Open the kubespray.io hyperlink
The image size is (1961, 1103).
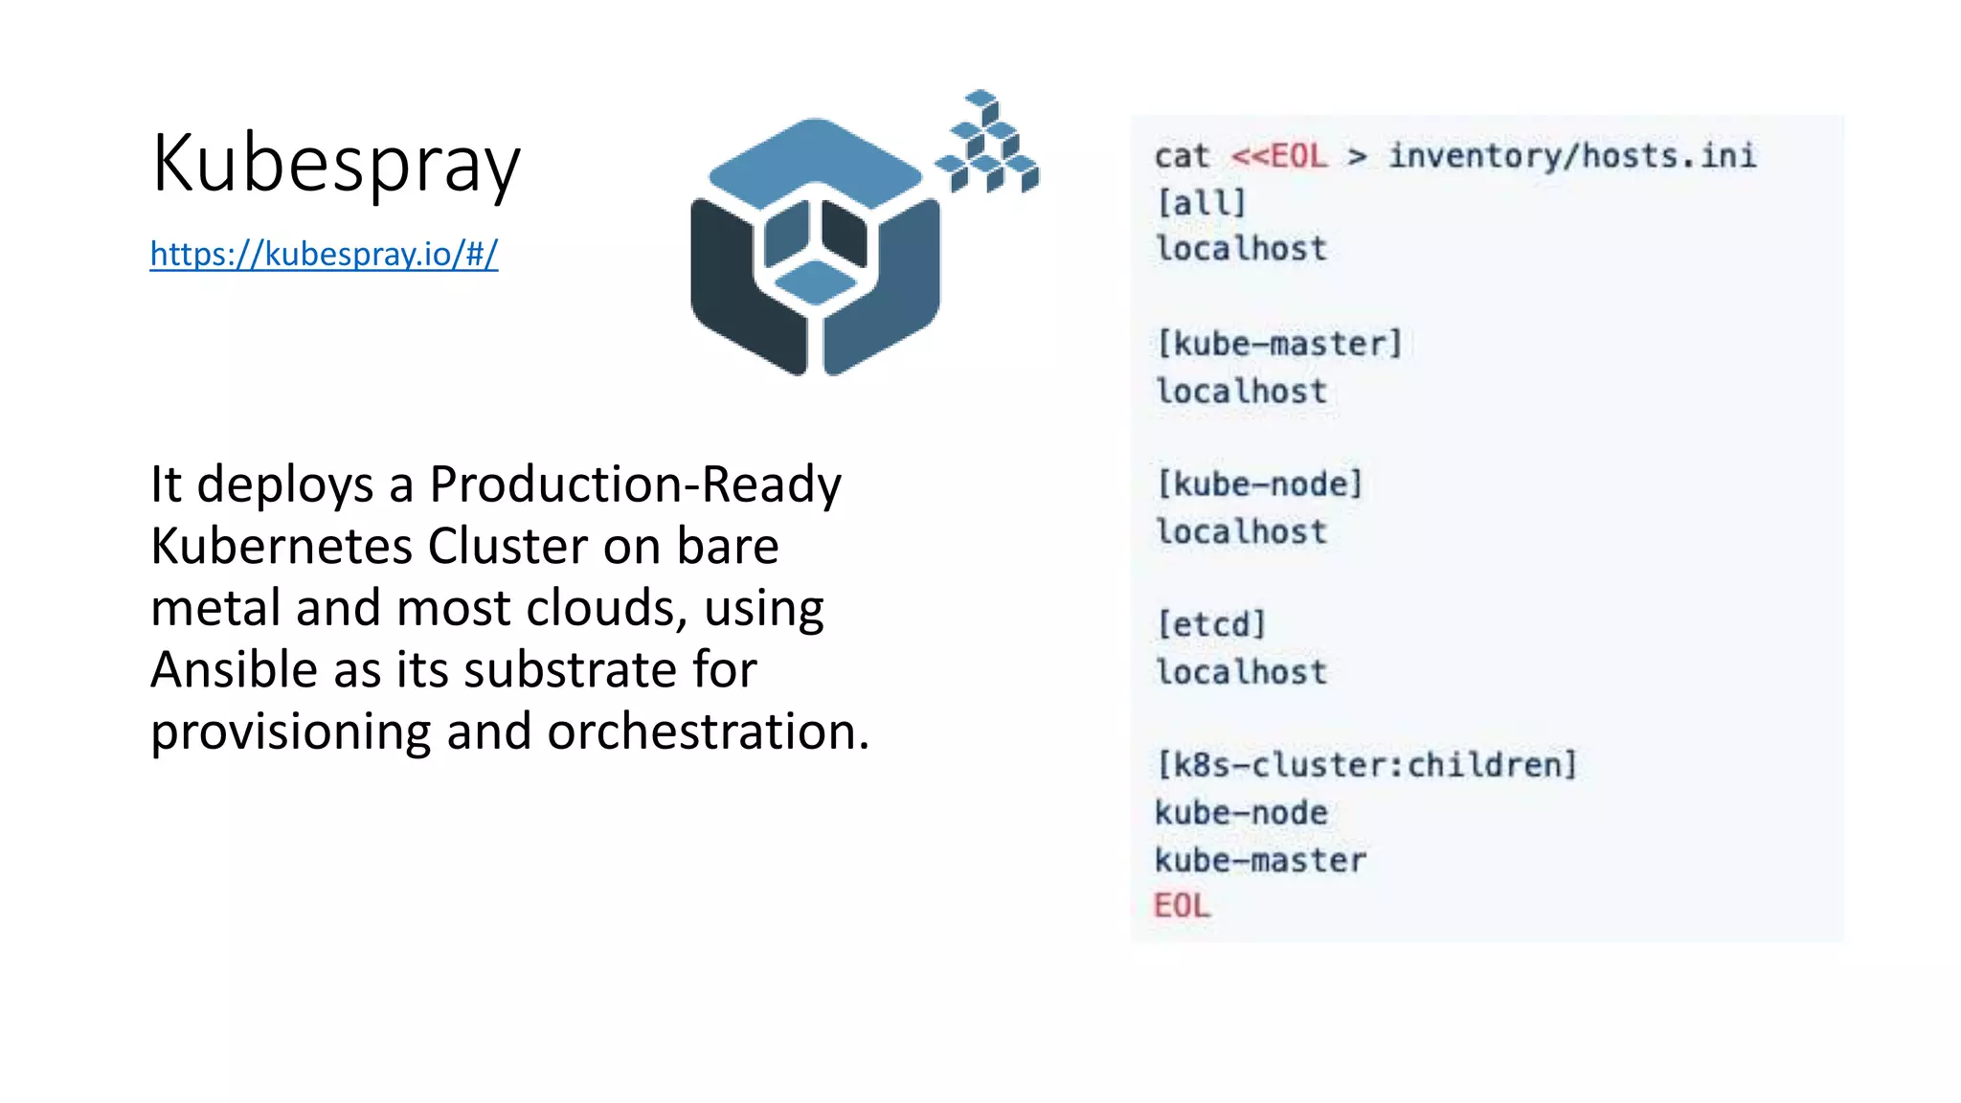pyautogui.click(x=324, y=254)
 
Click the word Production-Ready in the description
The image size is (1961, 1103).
pyautogui.click(x=635, y=484)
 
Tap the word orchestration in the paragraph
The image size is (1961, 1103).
pyautogui.click(x=708, y=732)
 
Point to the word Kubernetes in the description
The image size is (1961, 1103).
pyautogui.click(x=282, y=546)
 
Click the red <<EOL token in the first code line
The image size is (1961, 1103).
pyautogui.click(x=1279, y=155)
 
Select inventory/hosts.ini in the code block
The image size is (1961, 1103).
pyautogui.click(x=1572, y=155)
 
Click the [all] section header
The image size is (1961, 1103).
pyautogui.click(x=1201, y=203)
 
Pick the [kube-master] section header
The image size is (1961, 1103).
pyautogui.click(x=1279, y=343)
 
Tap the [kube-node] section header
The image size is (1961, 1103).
pyautogui.click(x=1259, y=484)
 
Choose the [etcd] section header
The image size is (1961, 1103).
pyautogui.click(x=1211, y=624)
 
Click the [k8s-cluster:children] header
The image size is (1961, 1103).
pyautogui.click(x=1365, y=765)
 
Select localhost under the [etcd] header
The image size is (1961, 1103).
pyautogui.click(x=1241, y=672)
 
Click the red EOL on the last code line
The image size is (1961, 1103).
pyautogui.click(x=1182, y=906)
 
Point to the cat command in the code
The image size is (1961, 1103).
pyautogui.click(x=1182, y=155)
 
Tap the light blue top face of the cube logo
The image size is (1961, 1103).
pyautogui.click(x=814, y=158)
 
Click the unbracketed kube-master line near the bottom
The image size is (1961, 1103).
pyautogui.click(x=1260, y=860)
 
